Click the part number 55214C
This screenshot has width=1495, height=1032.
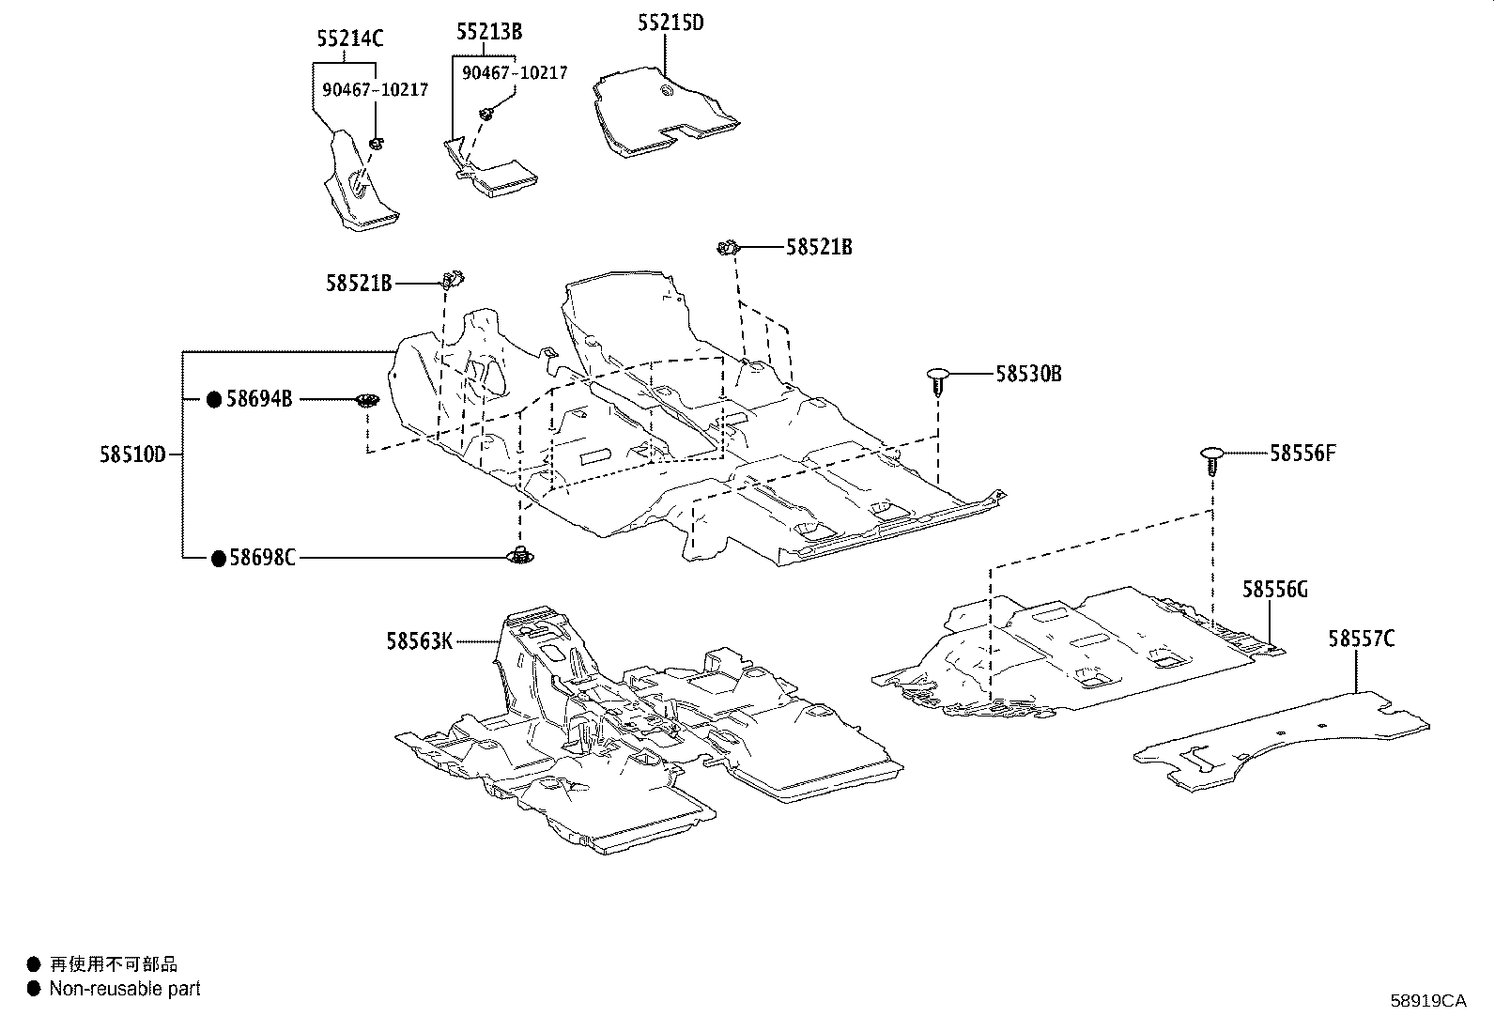tap(350, 39)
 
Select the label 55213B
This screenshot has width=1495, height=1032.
tap(489, 32)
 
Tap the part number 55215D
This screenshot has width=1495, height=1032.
tap(670, 23)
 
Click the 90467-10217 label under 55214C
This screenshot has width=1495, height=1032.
tap(375, 90)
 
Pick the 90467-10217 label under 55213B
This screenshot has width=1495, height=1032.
tap(515, 72)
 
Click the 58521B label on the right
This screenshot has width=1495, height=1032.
tap(819, 247)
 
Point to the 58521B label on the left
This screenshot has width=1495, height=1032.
tap(359, 282)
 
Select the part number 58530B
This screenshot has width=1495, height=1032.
tap(1028, 374)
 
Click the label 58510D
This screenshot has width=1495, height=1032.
tap(132, 454)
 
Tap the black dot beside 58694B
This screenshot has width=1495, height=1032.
tap(214, 400)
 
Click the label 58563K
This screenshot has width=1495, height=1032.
tap(419, 641)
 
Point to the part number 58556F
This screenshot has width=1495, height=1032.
tap(1302, 454)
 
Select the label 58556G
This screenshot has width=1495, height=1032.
tap(1274, 590)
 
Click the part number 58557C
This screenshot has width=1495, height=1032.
tap(1361, 639)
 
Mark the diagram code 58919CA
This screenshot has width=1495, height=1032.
tap(1427, 1001)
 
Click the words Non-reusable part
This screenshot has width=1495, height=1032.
tap(125, 989)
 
